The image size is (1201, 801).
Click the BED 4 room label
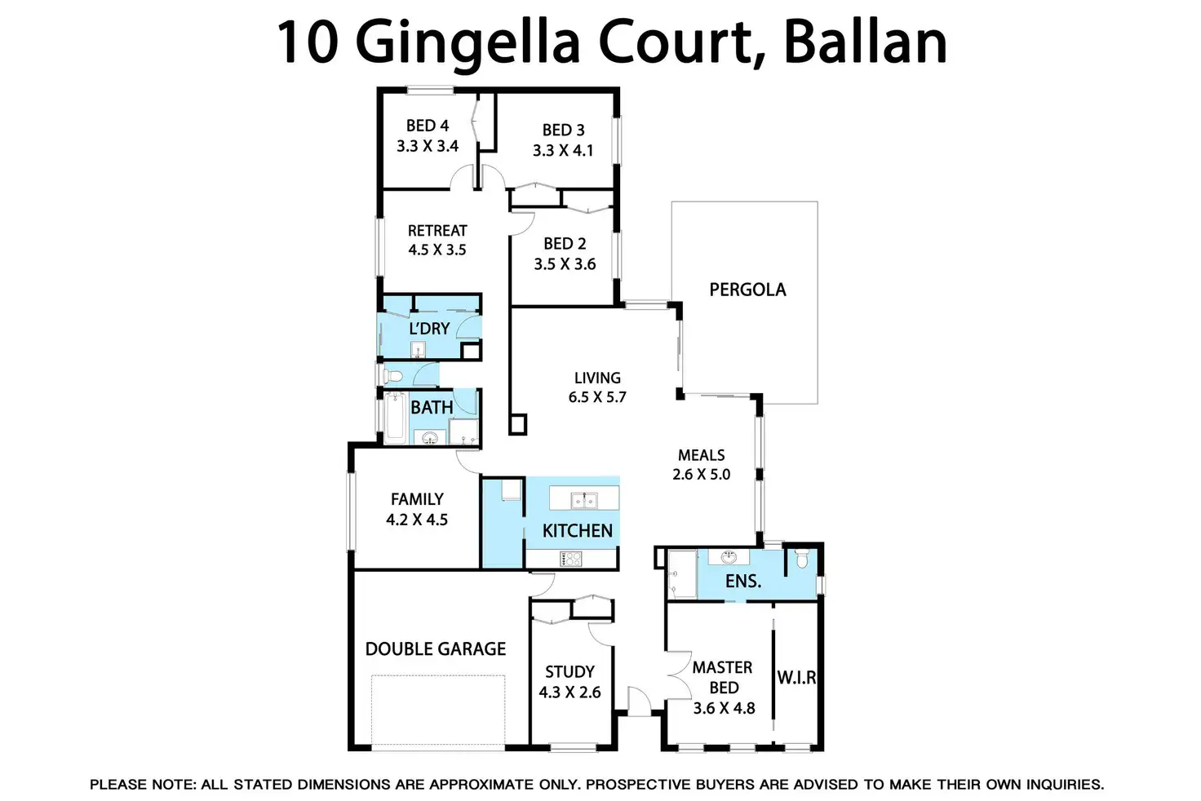428,126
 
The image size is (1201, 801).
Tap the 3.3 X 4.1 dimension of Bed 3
563,151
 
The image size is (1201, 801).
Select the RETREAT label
437,231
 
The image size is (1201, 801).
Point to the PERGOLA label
747,290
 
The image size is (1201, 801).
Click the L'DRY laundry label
429,329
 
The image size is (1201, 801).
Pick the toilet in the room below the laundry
393,376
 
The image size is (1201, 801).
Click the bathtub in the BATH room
396,417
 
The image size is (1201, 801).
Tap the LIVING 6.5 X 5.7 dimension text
597,397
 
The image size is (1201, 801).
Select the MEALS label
701,455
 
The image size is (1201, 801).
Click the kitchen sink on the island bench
584,498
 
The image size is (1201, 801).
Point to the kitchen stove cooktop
571,559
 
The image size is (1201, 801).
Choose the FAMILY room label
417,499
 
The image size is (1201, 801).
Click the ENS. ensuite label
742,582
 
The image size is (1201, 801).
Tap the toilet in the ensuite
801,560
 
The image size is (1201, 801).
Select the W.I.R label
796,678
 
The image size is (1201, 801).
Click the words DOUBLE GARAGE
436,649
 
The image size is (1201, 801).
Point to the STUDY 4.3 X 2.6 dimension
569,693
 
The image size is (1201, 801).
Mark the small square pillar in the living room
517,424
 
